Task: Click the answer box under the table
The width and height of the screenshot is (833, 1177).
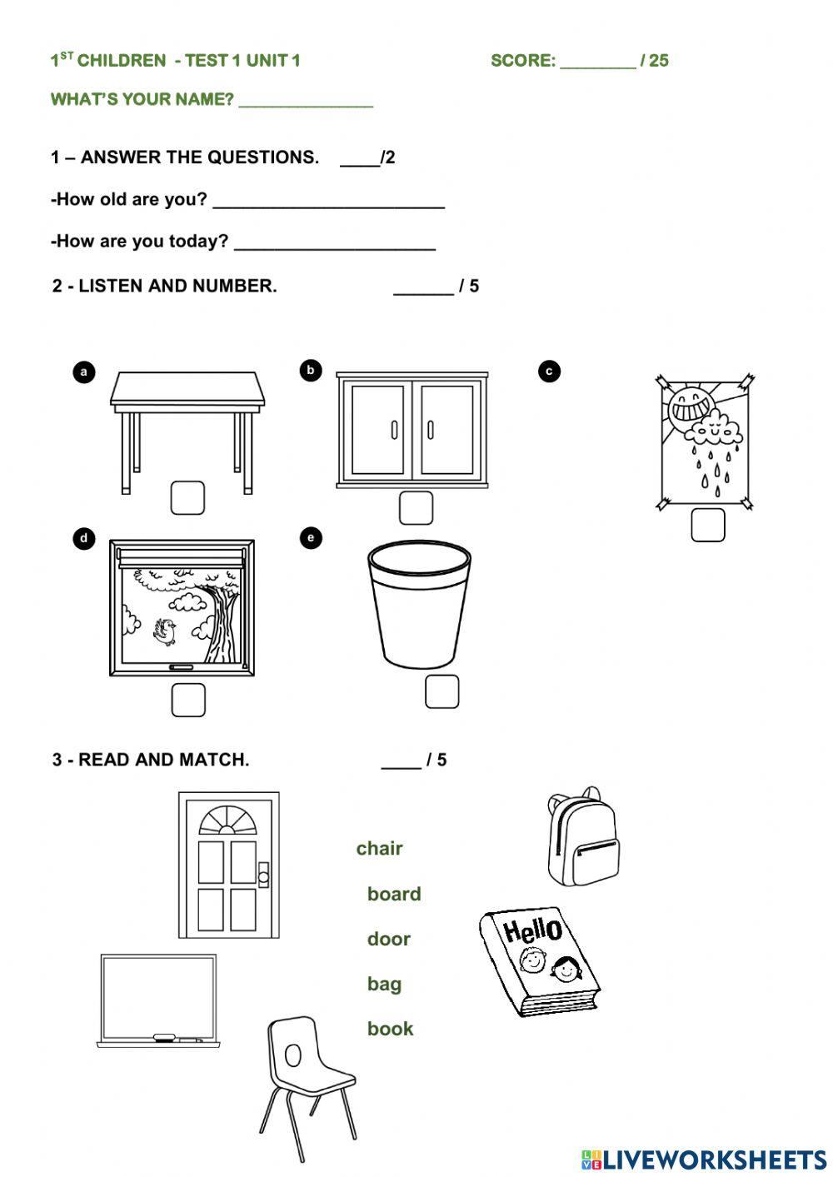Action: click(x=187, y=497)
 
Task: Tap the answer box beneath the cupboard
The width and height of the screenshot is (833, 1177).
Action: click(x=416, y=507)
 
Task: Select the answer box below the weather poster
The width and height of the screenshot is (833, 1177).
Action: click(x=707, y=525)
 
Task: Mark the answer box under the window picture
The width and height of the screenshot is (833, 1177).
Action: click(x=188, y=700)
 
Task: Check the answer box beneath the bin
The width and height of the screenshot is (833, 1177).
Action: click(x=441, y=691)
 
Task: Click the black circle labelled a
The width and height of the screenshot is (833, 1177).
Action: click(x=83, y=372)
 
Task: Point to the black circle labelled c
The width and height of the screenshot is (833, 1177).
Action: click(x=549, y=371)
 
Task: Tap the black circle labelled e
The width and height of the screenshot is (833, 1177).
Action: click(x=311, y=538)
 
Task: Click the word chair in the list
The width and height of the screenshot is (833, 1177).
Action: click(x=379, y=848)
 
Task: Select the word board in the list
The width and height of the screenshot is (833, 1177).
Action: click(x=394, y=894)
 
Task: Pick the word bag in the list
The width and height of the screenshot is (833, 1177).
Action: click(x=384, y=984)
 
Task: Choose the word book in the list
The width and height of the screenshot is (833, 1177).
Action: click(x=390, y=1029)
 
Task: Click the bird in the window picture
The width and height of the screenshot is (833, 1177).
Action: click(x=166, y=631)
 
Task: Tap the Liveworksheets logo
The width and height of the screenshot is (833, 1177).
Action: click(x=703, y=1159)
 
